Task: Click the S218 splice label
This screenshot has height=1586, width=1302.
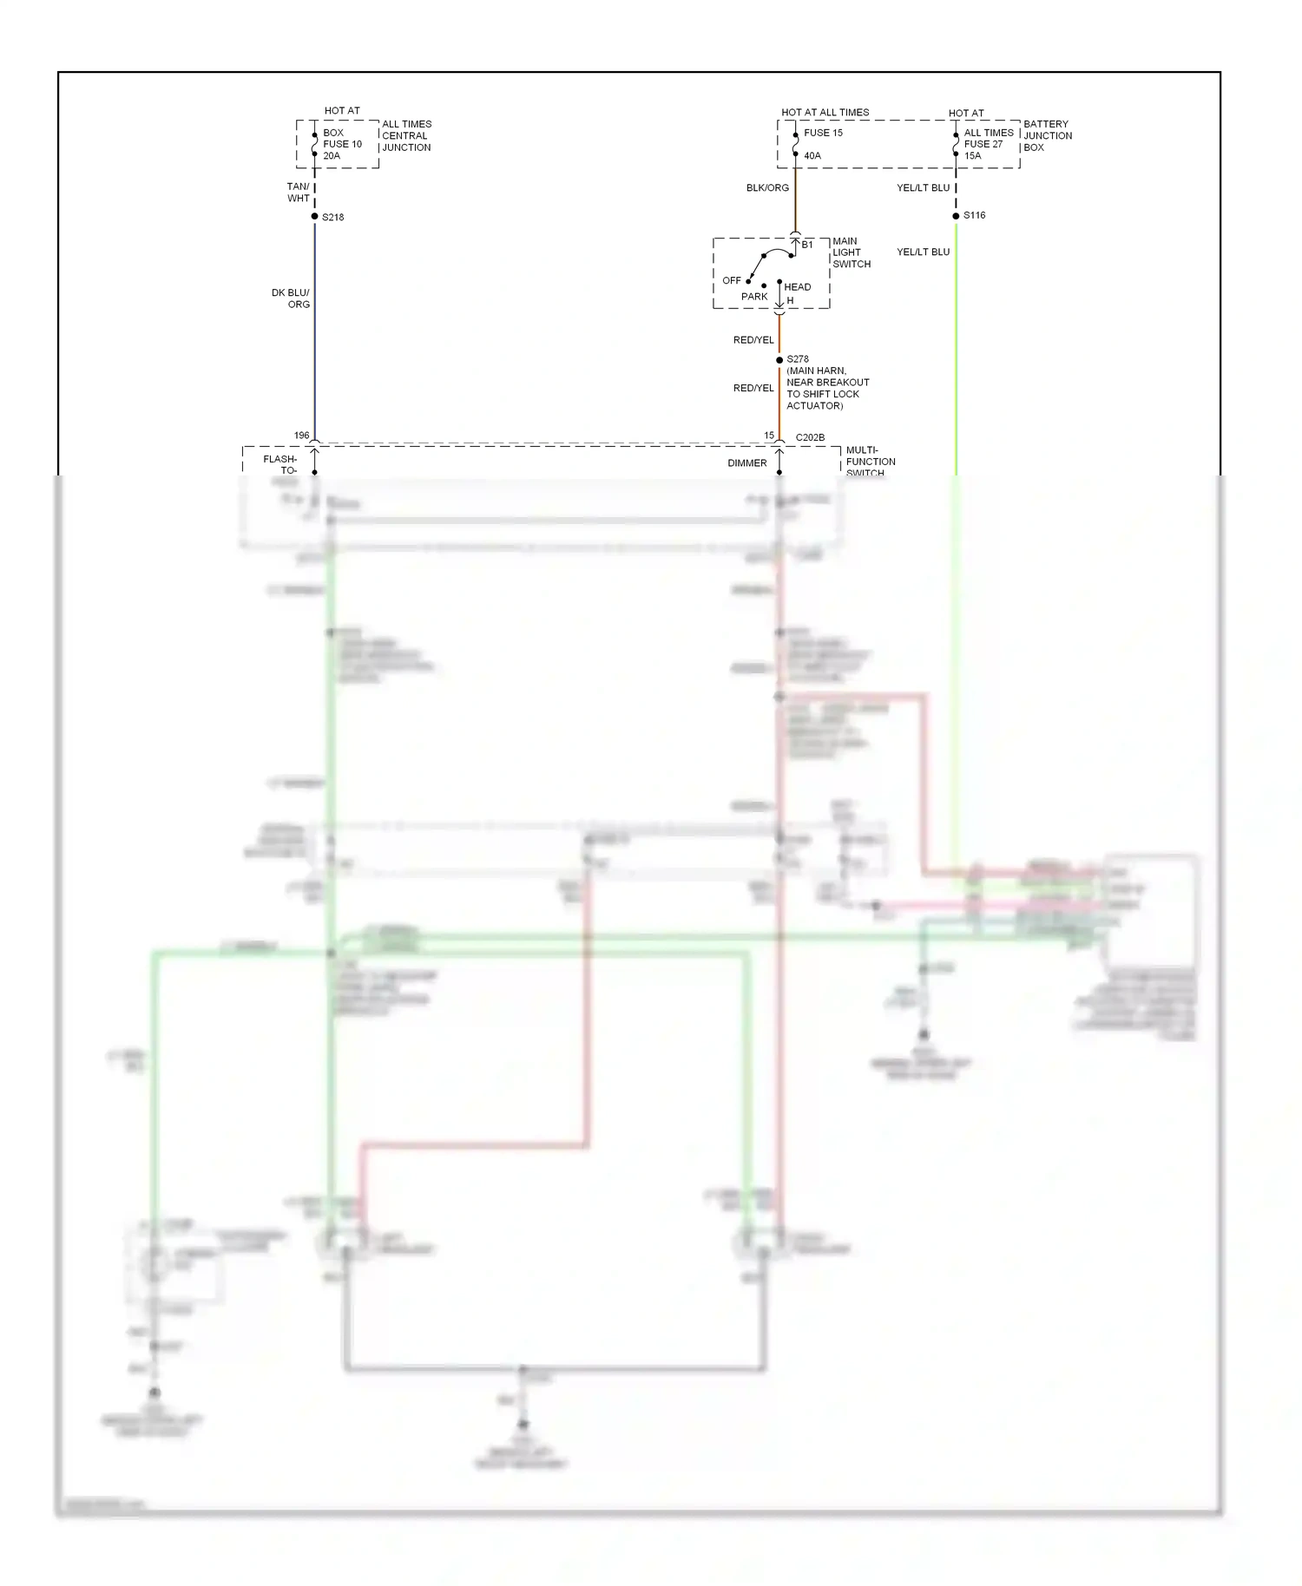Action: click(333, 217)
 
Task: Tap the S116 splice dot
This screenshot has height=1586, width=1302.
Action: click(956, 216)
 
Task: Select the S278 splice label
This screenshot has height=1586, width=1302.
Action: click(798, 359)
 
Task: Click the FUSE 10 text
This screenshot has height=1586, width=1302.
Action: click(343, 144)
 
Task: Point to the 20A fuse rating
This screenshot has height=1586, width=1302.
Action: click(332, 156)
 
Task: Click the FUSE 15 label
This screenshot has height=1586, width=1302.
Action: click(823, 133)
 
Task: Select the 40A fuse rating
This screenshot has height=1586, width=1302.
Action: click(812, 156)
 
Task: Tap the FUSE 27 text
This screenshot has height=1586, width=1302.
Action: click(983, 144)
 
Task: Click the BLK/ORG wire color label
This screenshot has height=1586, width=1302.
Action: click(767, 188)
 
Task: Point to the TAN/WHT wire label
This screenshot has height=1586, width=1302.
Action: click(299, 193)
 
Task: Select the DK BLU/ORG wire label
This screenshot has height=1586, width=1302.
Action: click(291, 298)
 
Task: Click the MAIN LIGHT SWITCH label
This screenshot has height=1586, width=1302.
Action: click(851, 252)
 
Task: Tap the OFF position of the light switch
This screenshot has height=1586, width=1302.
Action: click(732, 281)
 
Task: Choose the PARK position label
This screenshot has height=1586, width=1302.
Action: click(754, 297)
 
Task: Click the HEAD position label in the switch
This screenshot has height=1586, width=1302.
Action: click(798, 287)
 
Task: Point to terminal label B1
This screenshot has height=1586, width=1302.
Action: click(807, 245)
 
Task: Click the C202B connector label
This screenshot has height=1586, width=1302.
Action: click(810, 437)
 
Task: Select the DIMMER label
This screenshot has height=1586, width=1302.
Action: click(747, 463)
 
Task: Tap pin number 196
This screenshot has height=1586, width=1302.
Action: click(301, 436)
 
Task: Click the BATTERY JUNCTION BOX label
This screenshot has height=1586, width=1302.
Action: click(1048, 135)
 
